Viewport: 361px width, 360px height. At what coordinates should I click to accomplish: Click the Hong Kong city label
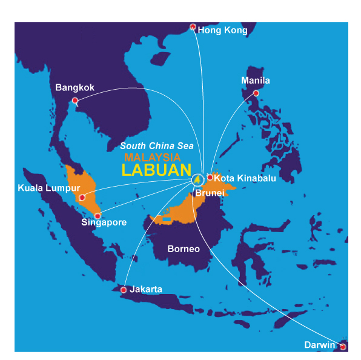point(223,30)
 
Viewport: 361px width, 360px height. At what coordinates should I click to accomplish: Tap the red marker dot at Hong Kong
point(193,27)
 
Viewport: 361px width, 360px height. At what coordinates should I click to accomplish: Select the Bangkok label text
point(75,87)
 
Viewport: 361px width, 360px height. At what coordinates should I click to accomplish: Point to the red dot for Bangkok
point(75,101)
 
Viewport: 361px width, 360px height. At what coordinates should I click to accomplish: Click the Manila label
point(256,80)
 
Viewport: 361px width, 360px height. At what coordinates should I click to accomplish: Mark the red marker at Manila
point(256,93)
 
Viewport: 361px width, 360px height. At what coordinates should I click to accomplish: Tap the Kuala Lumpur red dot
point(82,197)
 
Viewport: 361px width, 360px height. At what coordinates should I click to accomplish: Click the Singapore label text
point(104,222)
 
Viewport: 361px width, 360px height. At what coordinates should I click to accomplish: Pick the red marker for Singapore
point(98,216)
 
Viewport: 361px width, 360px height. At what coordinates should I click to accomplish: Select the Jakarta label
point(146,290)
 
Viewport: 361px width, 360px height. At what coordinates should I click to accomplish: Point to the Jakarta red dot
point(124,290)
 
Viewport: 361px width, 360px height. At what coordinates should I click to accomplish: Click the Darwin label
point(320,345)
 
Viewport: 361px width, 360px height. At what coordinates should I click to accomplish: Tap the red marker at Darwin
point(343,347)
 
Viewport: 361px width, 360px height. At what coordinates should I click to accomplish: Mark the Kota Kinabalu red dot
point(210,178)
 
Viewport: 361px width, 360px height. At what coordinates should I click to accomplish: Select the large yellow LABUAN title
point(156,170)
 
